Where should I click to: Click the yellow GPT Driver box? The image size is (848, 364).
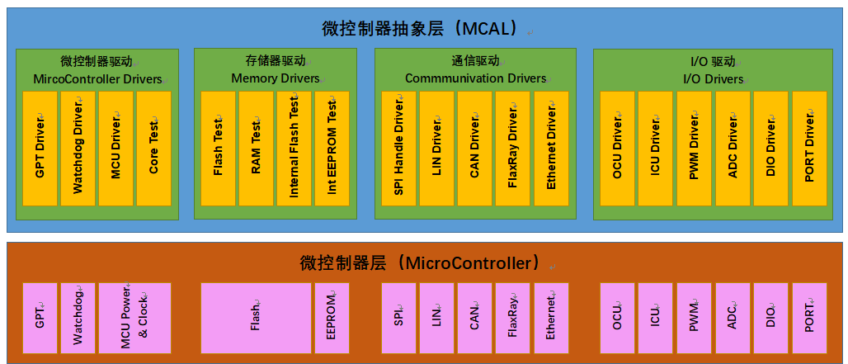coord(40,149)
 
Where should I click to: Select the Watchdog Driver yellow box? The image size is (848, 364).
coord(78,149)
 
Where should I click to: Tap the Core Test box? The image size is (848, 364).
coord(153,149)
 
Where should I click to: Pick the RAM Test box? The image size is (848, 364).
coord(256,149)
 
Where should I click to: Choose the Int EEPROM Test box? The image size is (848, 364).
coord(332,149)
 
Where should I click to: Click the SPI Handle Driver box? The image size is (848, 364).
coord(398,149)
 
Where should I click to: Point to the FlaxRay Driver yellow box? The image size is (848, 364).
coord(512,149)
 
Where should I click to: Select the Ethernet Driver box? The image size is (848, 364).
coord(551,149)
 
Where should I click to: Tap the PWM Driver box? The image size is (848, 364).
coord(694,149)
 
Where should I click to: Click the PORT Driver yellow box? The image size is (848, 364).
coord(809,149)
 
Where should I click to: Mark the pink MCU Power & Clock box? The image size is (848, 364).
coord(134,318)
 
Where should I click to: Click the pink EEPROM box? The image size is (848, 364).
coord(332,318)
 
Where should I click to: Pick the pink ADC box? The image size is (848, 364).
coord(733,318)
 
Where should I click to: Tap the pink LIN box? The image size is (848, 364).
coord(436,318)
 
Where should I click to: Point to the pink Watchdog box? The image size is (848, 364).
coord(78,318)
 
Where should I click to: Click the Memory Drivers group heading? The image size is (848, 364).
coord(276,78)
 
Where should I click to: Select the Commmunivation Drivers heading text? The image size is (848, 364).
coord(475,78)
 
